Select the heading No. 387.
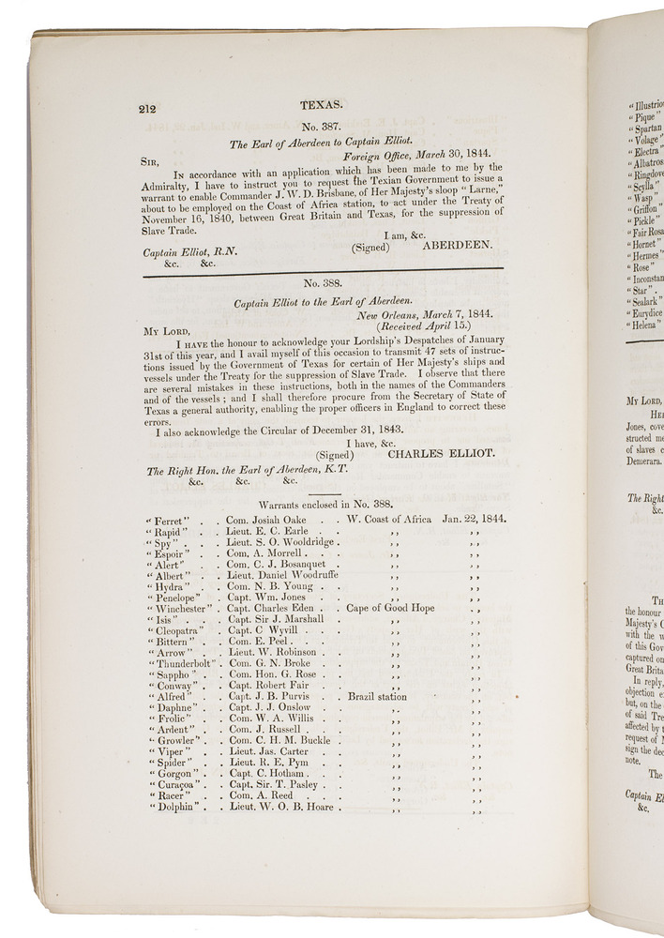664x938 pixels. pos(322,129)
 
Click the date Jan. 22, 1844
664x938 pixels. pos(474,518)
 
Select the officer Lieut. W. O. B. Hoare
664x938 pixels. pos(279,807)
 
